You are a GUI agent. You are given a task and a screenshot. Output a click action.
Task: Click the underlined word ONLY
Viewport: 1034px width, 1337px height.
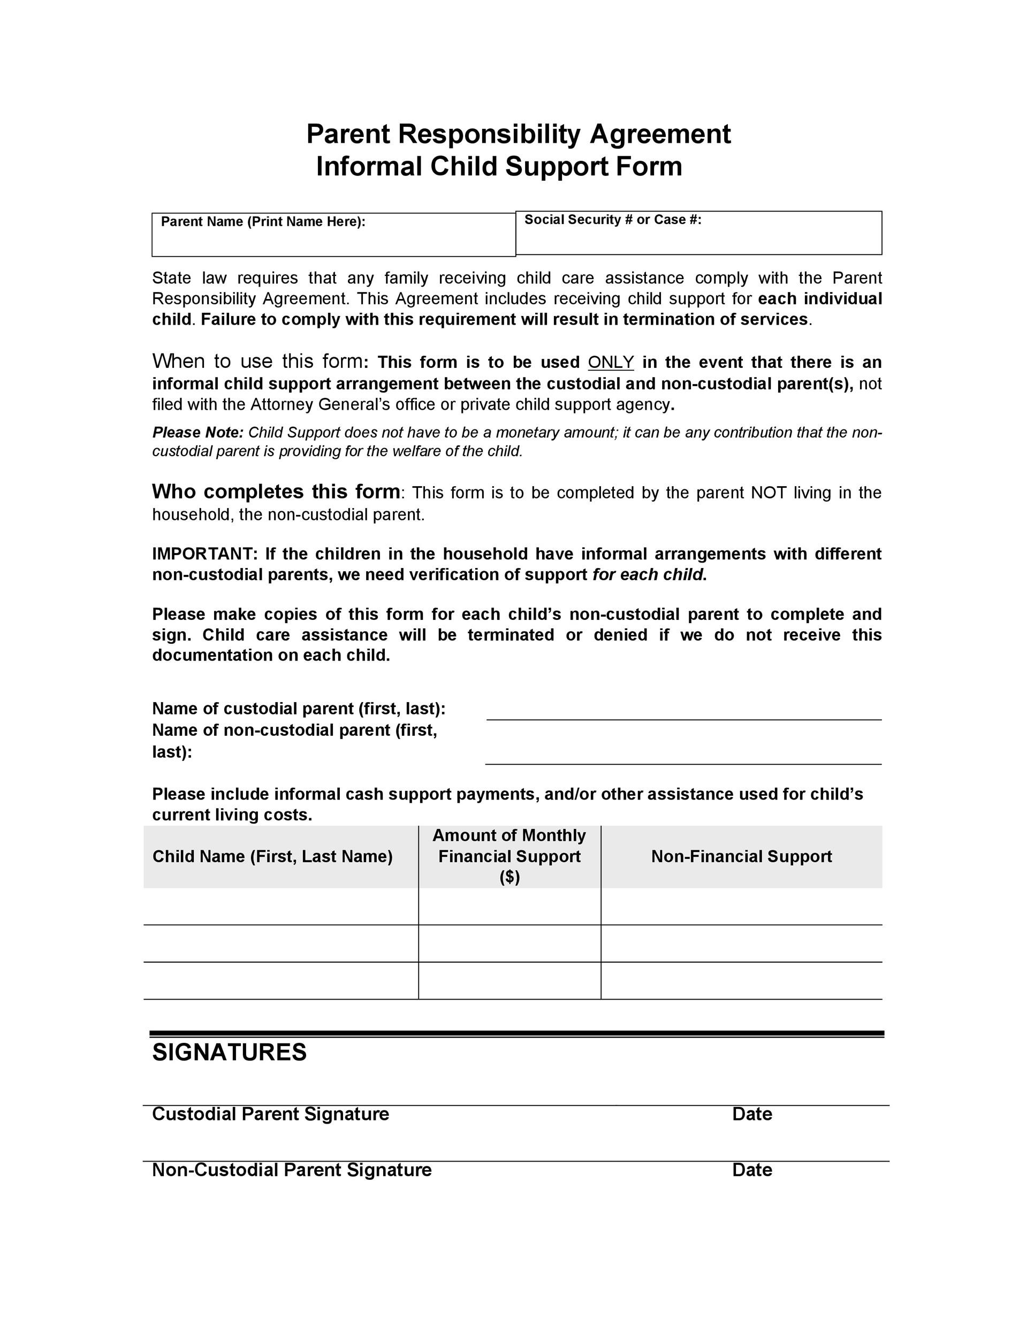[611, 363]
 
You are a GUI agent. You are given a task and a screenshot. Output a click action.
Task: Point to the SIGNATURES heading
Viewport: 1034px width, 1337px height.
[229, 1052]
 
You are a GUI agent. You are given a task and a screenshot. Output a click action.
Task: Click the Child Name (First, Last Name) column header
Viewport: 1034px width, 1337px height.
[272, 856]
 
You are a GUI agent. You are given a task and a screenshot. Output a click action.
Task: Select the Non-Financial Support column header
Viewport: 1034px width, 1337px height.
[741, 856]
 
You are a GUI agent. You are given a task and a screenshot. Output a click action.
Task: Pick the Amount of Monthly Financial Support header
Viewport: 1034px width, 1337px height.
[509, 856]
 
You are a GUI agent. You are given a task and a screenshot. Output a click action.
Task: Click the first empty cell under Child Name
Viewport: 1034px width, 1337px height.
[281, 906]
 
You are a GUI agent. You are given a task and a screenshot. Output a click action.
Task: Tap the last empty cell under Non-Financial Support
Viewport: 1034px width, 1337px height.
[741, 981]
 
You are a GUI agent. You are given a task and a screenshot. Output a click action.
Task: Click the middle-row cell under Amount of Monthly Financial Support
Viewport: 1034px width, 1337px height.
[509, 943]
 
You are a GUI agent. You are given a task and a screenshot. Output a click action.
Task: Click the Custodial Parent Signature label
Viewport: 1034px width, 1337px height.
[270, 1114]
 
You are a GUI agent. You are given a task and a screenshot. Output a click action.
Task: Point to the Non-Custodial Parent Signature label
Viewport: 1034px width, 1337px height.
[292, 1170]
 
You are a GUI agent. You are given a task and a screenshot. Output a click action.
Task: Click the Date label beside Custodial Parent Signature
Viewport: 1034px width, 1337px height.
[751, 1114]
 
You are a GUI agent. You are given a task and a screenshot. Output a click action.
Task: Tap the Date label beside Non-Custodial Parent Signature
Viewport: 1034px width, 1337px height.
[751, 1170]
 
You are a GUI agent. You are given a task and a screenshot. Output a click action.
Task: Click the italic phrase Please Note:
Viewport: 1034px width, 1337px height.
[198, 433]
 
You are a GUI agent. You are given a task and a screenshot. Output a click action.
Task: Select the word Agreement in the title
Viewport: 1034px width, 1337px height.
[660, 134]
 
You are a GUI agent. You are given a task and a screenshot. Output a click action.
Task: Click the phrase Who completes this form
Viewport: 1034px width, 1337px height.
[276, 491]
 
